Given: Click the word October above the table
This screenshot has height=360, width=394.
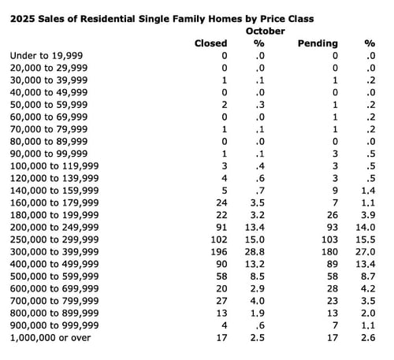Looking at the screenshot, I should (260, 30).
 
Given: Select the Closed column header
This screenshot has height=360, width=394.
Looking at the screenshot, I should (210, 43).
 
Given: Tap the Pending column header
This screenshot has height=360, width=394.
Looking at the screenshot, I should (315, 43).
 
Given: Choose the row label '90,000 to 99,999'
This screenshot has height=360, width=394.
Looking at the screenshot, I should (49, 154).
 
